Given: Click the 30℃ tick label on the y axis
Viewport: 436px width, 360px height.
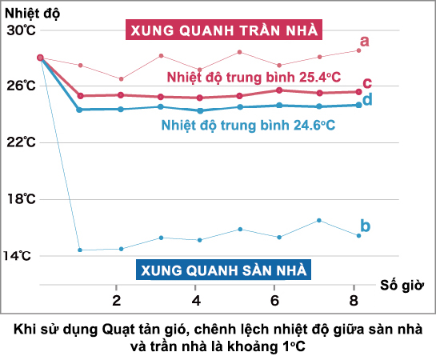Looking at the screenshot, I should tap(20, 30).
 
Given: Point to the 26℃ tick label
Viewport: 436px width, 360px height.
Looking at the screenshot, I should tap(20, 86).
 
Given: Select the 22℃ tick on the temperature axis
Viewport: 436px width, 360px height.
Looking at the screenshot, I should tap(20, 142).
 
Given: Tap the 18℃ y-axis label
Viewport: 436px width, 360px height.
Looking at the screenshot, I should tap(20, 198).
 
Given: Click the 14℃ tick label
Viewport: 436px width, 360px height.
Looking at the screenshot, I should tap(20, 255).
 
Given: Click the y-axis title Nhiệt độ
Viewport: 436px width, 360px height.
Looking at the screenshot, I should tap(29, 12).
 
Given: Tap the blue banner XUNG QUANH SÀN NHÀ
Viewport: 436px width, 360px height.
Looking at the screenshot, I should tap(223, 270).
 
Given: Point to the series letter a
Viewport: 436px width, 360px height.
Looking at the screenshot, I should tap(364, 41).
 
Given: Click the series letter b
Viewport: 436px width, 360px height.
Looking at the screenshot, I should tap(366, 226).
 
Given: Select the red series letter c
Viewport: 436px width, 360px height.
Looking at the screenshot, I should tap(367, 83).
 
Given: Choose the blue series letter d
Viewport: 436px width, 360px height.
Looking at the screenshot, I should tap(367, 99).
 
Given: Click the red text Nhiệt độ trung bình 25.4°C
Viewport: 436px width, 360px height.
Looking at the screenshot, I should tap(253, 77).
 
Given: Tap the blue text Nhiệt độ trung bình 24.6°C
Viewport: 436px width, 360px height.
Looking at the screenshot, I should tap(247, 126).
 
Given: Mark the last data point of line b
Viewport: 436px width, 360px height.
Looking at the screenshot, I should tap(358, 235).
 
